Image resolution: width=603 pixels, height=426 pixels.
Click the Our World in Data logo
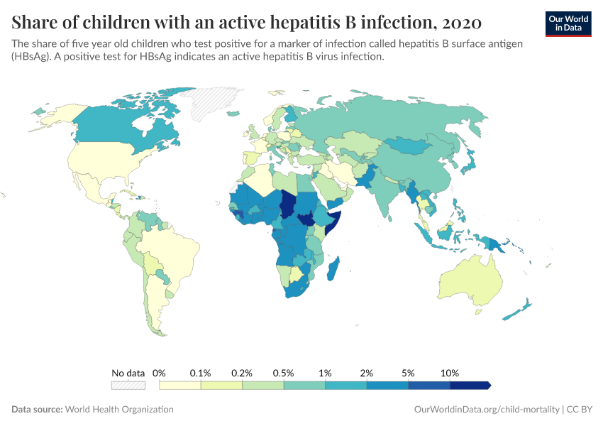[x=568, y=23]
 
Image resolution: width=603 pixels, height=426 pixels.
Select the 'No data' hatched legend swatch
[x=128, y=385]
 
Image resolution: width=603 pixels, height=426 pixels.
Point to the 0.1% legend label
[x=201, y=373]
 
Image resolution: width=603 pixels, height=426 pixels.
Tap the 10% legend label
[x=450, y=373]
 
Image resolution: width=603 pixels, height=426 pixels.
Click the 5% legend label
[x=409, y=373]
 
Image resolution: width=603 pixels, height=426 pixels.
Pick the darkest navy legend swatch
[x=470, y=385]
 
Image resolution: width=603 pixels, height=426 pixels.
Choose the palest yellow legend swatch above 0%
[x=180, y=385]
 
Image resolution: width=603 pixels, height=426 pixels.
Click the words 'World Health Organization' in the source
[x=119, y=410]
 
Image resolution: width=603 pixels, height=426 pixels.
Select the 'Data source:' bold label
[x=37, y=410]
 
